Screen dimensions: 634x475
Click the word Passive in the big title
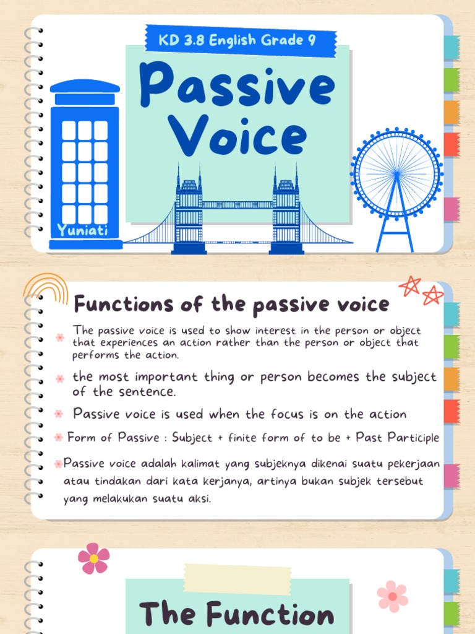point(237,87)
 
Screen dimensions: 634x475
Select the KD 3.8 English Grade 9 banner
point(239,41)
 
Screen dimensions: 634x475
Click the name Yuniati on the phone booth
point(82,231)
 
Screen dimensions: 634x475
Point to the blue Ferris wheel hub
point(396,172)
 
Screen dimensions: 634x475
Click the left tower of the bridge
point(189,211)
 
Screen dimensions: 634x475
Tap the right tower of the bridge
point(286,211)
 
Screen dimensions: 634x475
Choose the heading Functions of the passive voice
point(231,304)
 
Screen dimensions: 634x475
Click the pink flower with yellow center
point(94,558)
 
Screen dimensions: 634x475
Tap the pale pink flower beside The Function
point(392,596)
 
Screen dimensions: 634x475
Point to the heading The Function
point(237,615)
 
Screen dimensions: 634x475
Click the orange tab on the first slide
point(452,112)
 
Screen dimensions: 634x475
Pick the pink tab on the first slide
point(452,209)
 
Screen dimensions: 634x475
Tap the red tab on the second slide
point(452,411)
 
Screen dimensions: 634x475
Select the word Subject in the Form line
point(192,438)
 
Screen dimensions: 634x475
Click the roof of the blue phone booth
point(85,86)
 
